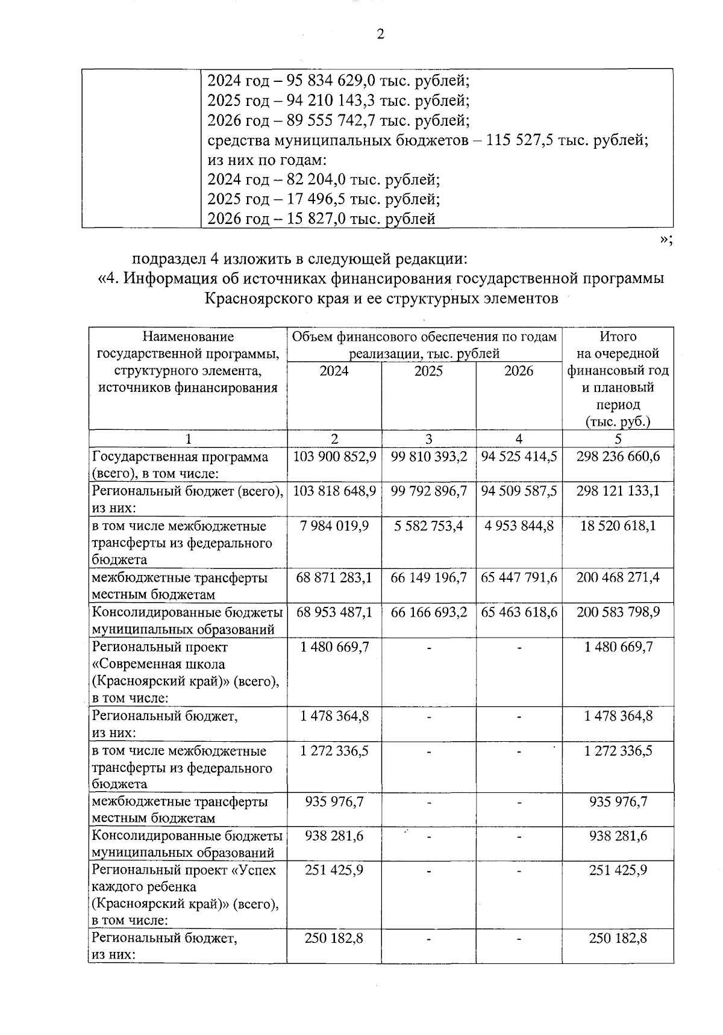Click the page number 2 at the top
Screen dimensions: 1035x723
pos(380,34)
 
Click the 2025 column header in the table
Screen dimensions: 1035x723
pos(428,371)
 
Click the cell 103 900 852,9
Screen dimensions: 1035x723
pos(334,457)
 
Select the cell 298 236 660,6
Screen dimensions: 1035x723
pos(618,457)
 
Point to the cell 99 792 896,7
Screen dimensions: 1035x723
pos(428,491)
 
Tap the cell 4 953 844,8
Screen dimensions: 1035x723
pos(519,526)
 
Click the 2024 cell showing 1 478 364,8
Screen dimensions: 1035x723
pos(334,716)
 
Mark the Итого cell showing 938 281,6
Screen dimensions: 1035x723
pos(618,836)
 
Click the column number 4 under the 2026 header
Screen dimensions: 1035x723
pos(519,439)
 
